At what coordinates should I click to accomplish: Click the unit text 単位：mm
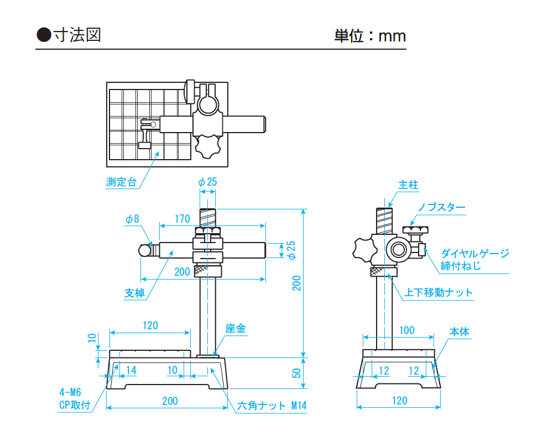pyautogui.click(x=370, y=36)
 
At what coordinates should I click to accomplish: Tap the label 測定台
pyautogui.click(x=121, y=182)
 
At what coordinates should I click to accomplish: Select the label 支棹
pyautogui.click(x=134, y=293)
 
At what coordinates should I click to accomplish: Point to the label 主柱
pyautogui.click(x=408, y=185)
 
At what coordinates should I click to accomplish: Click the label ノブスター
pyautogui.click(x=441, y=208)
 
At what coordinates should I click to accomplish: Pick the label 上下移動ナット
pyautogui.click(x=439, y=292)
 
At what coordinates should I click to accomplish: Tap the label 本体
pyautogui.click(x=459, y=332)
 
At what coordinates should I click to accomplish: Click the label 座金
pyautogui.click(x=236, y=329)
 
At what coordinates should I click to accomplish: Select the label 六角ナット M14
pyautogui.click(x=272, y=406)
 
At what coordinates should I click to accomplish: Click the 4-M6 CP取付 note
pyautogui.click(x=74, y=399)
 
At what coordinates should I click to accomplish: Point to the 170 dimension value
pyautogui.click(x=182, y=219)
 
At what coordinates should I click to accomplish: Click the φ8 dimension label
pyautogui.click(x=132, y=219)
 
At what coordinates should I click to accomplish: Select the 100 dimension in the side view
pyautogui.click(x=406, y=330)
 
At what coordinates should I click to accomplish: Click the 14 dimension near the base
pyautogui.click(x=131, y=370)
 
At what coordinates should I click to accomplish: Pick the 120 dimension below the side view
pyautogui.click(x=399, y=401)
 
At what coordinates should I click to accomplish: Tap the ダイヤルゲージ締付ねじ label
pyautogui.click(x=474, y=260)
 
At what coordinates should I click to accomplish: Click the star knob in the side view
pyautogui.click(x=363, y=250)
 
